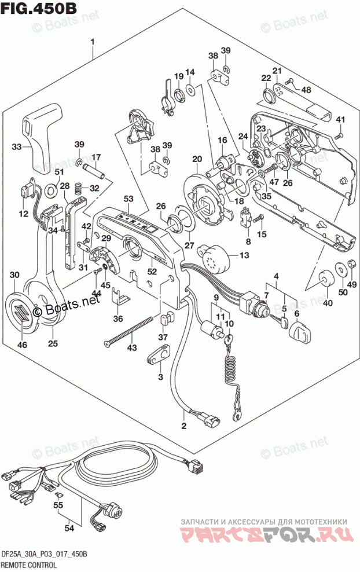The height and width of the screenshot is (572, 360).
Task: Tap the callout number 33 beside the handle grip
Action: pyautogui.click(x=17, y=147)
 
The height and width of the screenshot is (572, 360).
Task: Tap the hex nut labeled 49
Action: pyautogui.click(x=351, y=266)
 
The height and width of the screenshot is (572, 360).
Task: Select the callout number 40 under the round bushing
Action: pyautogui.click(x=328, y=302)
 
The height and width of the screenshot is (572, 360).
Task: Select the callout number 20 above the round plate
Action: pyautogui.click(x=197, y=160)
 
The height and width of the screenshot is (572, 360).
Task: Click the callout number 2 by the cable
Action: pyautogui.click(x=184, y=427)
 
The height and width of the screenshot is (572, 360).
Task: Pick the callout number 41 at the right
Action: pyautogui.click(x=340, y=120)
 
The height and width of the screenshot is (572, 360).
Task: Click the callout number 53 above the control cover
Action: pyautogui.click(x=128, y=199)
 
